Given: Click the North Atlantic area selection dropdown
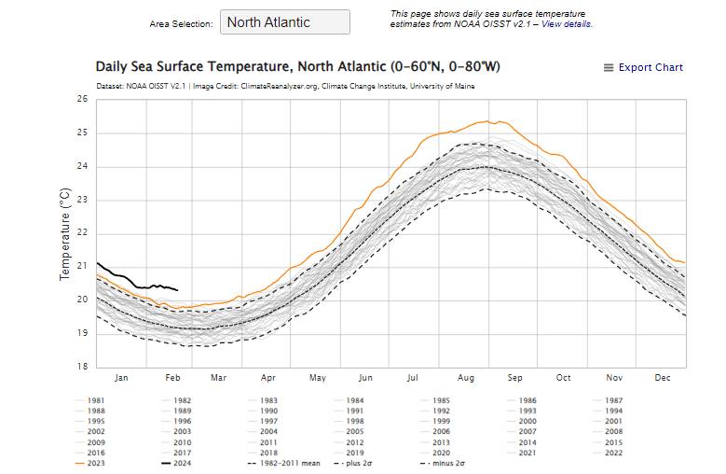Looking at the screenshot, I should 284,22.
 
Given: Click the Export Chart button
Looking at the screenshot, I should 643,67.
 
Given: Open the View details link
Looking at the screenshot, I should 567,24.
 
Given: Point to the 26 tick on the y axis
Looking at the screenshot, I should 81,99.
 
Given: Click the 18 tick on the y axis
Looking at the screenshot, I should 81,367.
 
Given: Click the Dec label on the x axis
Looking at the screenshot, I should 663,378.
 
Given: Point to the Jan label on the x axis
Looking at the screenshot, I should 121,378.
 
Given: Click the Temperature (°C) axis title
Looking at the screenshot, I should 65,233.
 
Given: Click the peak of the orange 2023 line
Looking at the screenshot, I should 486,121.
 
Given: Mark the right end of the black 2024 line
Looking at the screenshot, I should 178,290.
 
